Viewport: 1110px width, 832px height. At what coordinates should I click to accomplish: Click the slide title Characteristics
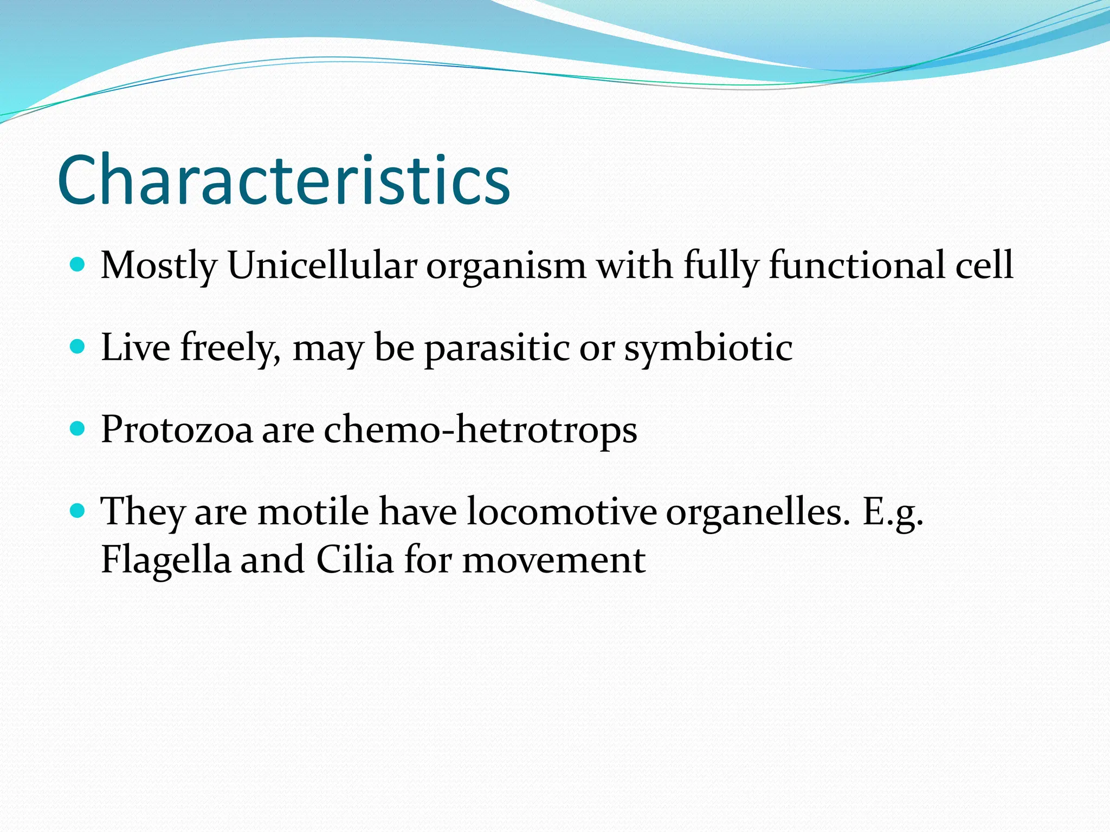tap(283, 180)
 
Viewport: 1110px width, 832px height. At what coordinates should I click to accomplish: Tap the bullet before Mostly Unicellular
tap(78, 264)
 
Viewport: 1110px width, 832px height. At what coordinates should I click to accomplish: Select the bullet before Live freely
tap(78, 346)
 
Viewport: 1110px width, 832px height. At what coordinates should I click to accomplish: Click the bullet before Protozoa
tap(78, 429)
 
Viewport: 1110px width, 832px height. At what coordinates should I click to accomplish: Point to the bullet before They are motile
tap(78, 510)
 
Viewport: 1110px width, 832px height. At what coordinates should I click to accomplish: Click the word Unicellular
tap(322, 265)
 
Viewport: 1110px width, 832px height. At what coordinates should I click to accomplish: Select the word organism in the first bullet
tap(506, 266)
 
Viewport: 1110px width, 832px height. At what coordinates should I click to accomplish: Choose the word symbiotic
tap(708, 348)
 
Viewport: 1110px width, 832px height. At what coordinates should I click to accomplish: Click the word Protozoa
tap(177, 430)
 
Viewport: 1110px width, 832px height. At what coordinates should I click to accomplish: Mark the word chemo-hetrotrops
tap(480, 430)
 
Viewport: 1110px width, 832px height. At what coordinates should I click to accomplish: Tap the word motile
tap(313, 511)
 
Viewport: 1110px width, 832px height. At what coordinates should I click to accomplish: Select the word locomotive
tap(561, 511)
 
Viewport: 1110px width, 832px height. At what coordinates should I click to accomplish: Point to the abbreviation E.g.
tap(892, 512)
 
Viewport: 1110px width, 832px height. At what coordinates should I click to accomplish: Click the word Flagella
tap(166, 560)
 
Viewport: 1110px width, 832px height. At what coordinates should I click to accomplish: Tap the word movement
tap(553, 560)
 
